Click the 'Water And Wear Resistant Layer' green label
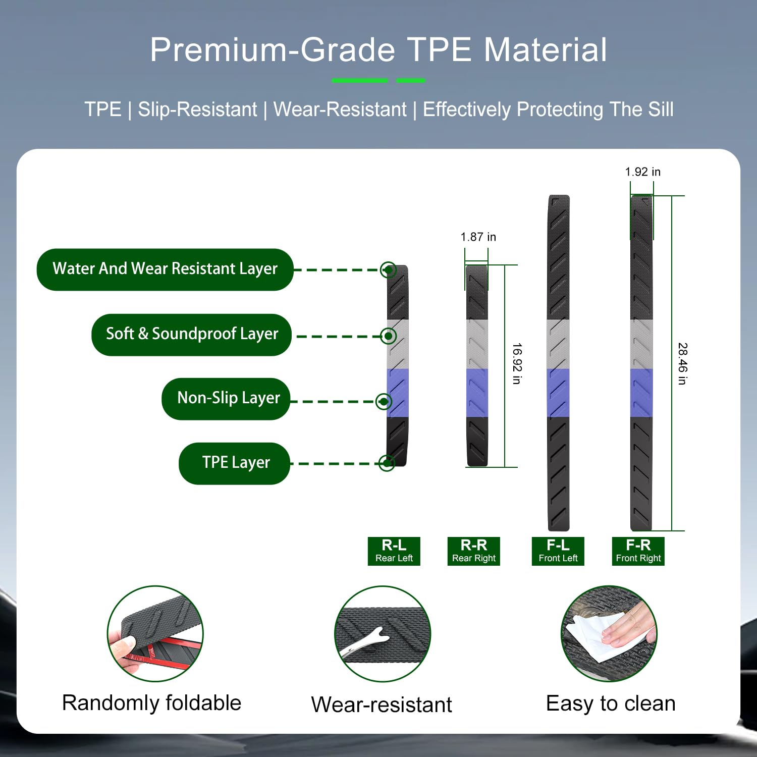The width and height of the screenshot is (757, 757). tap(165, 269)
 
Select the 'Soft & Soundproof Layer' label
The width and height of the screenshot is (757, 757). tap(192, 335)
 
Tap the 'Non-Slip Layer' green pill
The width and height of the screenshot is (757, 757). tap(226, 399)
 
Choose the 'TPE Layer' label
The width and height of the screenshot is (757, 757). tap(235, 463)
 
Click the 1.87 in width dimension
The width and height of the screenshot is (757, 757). tap(478, 237)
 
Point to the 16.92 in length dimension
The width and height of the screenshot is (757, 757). tap(517, 363)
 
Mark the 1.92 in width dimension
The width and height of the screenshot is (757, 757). tap(642, 172)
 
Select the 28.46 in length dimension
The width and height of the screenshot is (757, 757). tap(682, 363)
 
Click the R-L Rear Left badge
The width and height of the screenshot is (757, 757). tap(394, 551)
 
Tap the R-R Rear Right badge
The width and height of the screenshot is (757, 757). tap(474, 551)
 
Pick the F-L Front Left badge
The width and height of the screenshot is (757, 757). tap(558, 551)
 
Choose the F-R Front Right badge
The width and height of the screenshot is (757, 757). tap(638, 551)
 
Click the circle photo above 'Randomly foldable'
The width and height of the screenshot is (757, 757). tap(155, 634)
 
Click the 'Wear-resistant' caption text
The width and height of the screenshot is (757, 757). tap(382, 705)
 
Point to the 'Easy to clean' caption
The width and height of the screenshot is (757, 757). tap(611, 704)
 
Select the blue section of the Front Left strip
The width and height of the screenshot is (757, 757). tap(559, 393)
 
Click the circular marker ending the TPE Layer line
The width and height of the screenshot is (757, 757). tap(387, 463)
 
